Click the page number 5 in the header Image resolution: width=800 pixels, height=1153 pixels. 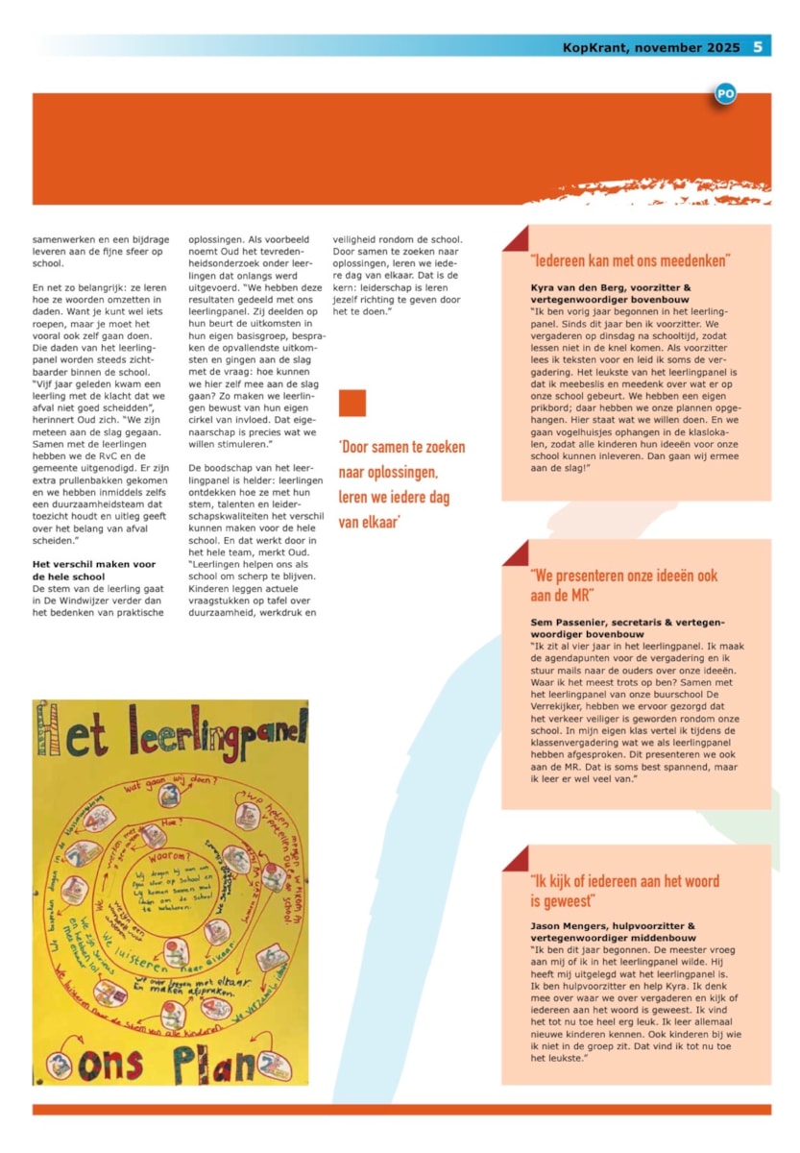758,46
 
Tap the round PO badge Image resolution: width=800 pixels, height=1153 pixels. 726,94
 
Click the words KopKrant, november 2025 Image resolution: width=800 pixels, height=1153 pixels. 651,46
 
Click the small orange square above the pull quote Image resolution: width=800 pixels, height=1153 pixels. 352,404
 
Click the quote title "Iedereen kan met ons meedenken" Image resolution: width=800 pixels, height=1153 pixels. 630,260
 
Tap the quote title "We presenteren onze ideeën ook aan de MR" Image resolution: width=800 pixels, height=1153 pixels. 623,584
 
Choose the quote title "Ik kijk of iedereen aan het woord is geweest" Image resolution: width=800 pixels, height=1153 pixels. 624,890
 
